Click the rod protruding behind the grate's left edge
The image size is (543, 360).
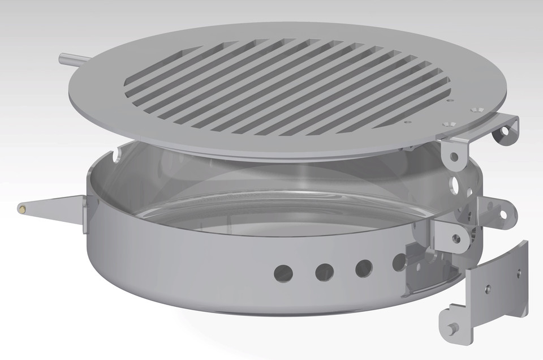tap(71, 58)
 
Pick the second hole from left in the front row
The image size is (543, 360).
tap(324, 271)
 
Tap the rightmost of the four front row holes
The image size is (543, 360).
tap(399, 261)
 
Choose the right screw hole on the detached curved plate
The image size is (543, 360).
tap(518, 273)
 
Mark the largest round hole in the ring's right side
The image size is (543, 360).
tap(456, 185)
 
